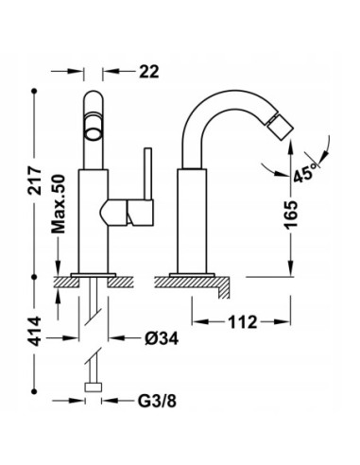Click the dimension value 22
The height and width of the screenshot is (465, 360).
click(x=149, y=72)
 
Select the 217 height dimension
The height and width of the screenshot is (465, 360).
click(x=34, y=181)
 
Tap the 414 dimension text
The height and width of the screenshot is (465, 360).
click(x=34, y=332)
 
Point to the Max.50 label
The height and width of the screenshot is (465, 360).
click(x=59, y=204)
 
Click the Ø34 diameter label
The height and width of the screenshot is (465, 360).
click(x=162, y=338)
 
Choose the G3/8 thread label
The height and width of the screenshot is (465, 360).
click(x=157, y=401)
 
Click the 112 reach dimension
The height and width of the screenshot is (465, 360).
click(x=243, y=322)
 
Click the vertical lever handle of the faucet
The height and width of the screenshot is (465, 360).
click(x=148, y=174)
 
